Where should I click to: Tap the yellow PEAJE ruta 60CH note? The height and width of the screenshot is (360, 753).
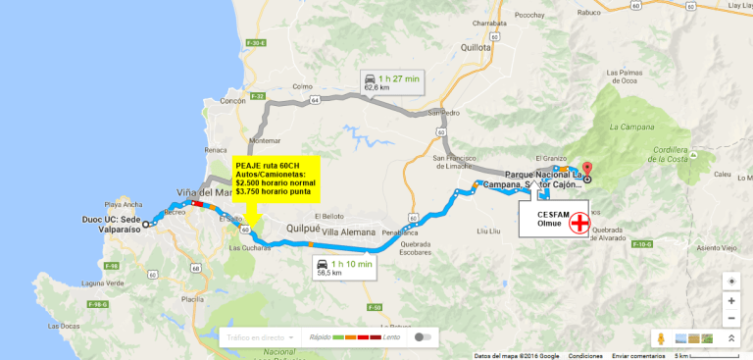click(276, 179)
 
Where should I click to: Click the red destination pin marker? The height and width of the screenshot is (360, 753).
click(587, 169)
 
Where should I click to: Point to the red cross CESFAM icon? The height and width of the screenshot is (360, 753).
click(580, 223)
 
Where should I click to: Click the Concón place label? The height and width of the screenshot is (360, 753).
click(233, 101)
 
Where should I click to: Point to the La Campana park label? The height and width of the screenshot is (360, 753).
click(629, 127)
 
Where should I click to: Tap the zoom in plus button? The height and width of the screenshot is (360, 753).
click(731, 301)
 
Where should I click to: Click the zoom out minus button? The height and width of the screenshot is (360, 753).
click(731, 318)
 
